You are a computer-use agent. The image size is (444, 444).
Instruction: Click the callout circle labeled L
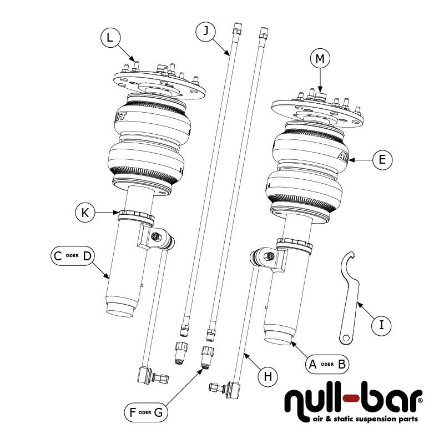click(x=110, y=38)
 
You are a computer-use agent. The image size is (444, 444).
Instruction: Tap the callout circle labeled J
click(x=206, y=32)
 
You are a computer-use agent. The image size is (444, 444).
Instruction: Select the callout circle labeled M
click(x=320, y=58)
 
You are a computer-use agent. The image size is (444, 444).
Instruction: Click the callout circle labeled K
click(x=85, y=213)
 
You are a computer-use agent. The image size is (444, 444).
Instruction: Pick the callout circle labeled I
click(x=381, y=325)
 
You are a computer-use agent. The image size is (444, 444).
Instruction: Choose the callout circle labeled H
click(x=268, y=377)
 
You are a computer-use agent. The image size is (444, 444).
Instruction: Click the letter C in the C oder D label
click(x=57, y=256)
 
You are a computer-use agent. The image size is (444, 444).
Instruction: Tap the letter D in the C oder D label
click(x=87, y=256)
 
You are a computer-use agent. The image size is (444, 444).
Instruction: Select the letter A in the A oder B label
click(x=312, y=364)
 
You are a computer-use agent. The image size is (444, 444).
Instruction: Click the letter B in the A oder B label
click(x=342, y=364)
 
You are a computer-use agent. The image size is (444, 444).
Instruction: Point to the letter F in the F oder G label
click(x=132, y=412)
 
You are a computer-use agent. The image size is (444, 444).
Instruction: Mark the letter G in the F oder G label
click(x=159, y=412)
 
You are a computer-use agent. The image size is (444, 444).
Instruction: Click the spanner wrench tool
click(x=351, y=294)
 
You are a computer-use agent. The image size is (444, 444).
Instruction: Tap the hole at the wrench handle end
click(x=345, y=337)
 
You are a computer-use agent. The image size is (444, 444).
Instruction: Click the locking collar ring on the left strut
click(x=135, y=215)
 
